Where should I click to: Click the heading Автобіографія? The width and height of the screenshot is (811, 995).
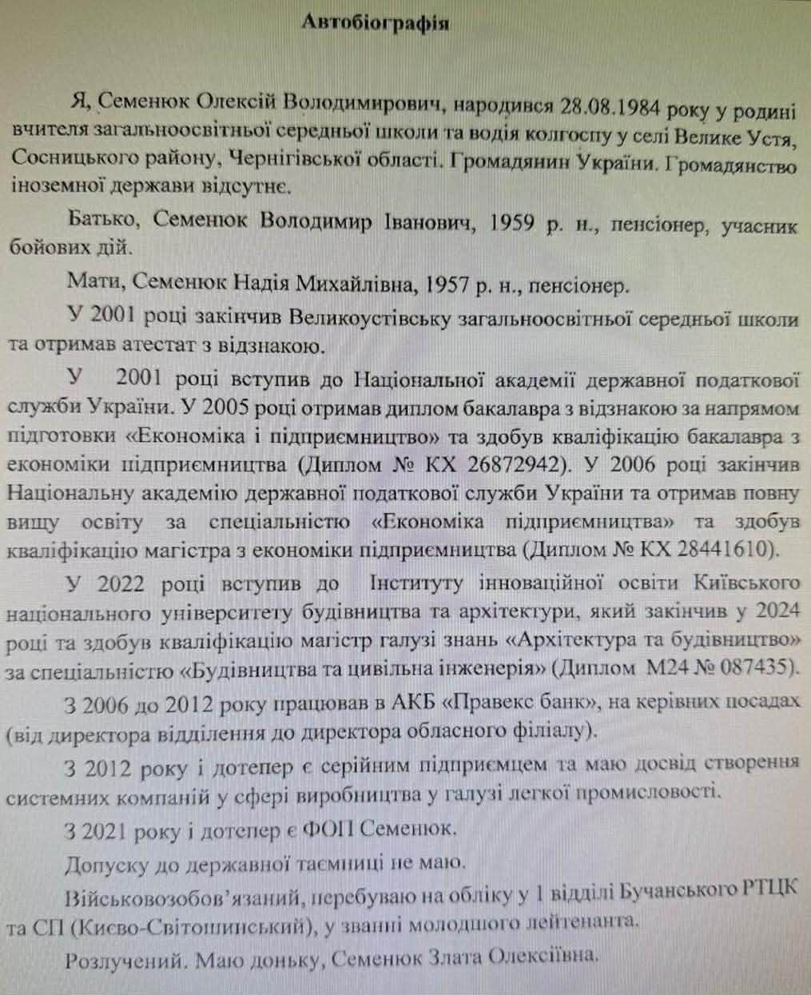click(x=375, y=22)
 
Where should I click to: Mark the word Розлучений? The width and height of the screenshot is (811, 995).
click(x=117, y=957)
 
